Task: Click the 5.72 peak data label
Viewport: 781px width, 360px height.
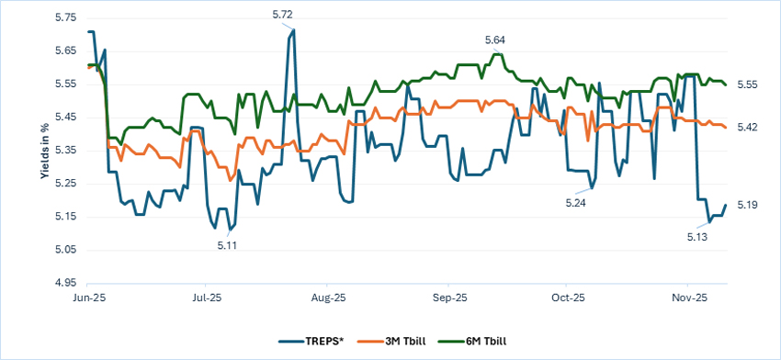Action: [283, 15]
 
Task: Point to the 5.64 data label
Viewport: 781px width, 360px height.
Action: [496, 39]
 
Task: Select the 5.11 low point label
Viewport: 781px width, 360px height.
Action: [228, 245]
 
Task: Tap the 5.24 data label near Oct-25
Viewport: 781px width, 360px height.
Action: [575, 202]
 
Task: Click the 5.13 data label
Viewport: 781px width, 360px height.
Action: [697, 237]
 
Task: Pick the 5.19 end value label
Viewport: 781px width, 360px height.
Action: [746, 205]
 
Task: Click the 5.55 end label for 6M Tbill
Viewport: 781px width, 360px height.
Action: [746, 84]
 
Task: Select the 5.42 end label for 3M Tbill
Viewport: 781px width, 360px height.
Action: [746, 127]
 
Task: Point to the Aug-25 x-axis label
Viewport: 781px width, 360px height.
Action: [328, 298]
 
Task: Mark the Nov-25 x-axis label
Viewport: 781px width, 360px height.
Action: [688, 298]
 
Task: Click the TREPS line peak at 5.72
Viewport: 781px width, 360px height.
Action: [293, 30]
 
